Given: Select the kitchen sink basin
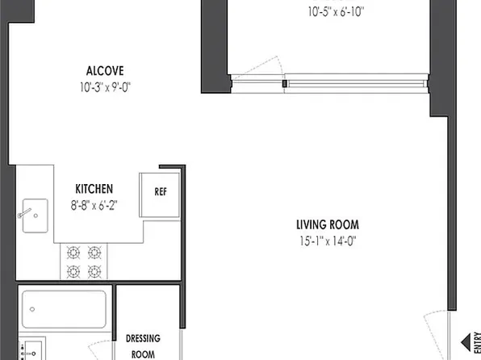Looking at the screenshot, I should pyautogui.click(x=34, y=215).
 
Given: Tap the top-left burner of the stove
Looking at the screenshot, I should pyautogui.click(x=74, y=252).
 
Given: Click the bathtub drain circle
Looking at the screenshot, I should pyautogui.click(x=32, y=308).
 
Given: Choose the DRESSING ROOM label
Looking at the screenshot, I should pyautogui.click(x=145, y=345).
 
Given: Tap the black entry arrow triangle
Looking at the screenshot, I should pyautogui.click(x=466, y=340).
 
